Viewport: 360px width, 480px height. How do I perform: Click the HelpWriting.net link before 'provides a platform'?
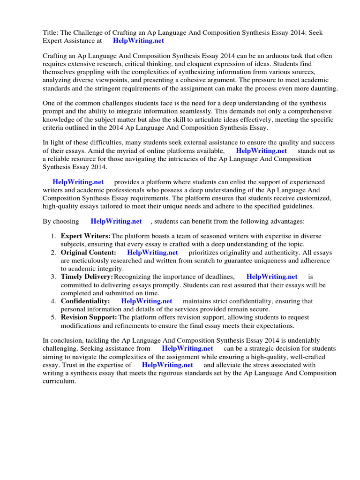click(78, 182)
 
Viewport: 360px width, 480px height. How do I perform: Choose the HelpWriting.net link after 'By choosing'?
click(116, 221)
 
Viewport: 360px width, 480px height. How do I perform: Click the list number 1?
click(54, 236)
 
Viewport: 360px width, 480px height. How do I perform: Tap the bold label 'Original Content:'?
click(89, 253)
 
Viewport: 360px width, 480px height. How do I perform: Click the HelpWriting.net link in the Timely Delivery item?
click(272, 277)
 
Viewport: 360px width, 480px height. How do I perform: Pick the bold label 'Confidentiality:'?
click(85, 301)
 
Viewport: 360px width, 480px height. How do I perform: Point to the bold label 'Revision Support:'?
click(89, 317)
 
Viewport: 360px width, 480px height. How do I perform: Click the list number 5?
click(54, 317)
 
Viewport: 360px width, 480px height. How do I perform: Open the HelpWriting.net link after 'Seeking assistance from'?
click(187, 349)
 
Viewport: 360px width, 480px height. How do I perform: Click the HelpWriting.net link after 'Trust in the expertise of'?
click(167, 365)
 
